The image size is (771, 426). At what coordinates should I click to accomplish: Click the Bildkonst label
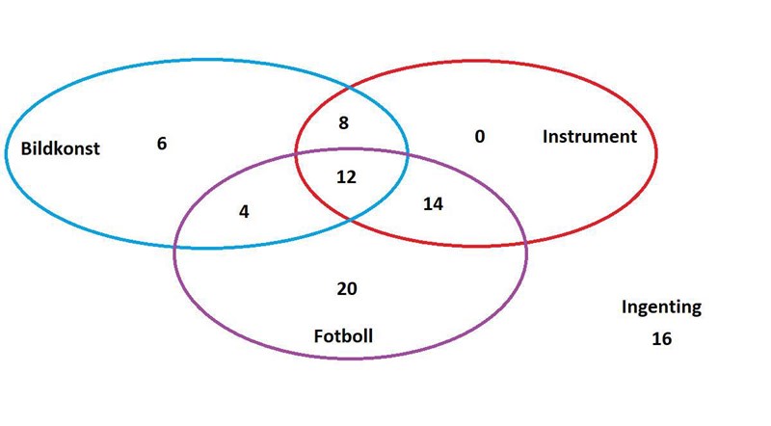(x=60, y=148)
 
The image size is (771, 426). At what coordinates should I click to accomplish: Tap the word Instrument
(x=590, y=136)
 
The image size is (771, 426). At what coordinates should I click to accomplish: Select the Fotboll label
(x=343, y=336)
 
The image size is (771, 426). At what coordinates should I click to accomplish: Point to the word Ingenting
(x=661, y=307)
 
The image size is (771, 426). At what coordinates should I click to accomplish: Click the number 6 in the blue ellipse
(x=162, y=144)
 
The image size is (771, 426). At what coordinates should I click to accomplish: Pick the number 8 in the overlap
(x=344, y=122)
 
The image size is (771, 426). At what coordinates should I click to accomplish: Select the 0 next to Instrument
(x=480, y=136)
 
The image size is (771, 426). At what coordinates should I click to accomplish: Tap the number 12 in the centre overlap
(x=346, y=177)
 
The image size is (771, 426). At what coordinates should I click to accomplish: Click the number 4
(x=244, y=211)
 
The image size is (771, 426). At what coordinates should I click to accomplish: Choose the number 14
(x=433, y=203)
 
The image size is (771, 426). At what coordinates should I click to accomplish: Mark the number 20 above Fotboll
(x=347, y=289)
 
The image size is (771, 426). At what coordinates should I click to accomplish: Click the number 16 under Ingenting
(x=662, y=338)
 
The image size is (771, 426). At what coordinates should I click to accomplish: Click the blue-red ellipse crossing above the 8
(x=349, y=88)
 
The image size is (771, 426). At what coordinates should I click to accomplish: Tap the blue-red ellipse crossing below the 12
(x=350, y=220)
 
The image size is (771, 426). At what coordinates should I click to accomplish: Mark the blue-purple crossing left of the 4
(x=175, y=246)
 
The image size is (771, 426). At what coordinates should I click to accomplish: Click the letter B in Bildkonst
(x=26, y=148)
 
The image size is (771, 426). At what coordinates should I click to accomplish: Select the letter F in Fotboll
(x=319, y=336)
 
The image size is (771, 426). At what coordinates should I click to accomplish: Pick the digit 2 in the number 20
(x=342, y=289)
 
